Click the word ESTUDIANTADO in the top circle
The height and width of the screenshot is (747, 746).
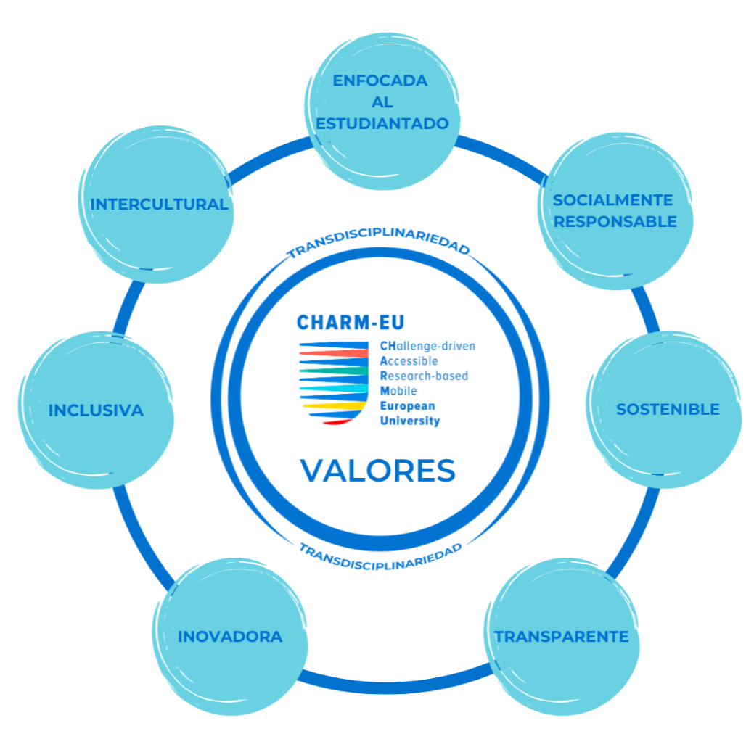click(x=382, y=124)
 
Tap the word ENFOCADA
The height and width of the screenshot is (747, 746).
click(x=380, y=81)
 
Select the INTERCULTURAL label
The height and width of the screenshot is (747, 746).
click(x=159, y=205)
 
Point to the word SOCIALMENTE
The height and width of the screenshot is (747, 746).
click(x=613, y=200)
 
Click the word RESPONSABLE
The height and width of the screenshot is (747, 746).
click(x=615, y=221)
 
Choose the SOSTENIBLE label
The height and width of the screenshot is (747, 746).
click(x=668, y=409)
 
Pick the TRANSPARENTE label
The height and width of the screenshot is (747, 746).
click(x=562, y=637)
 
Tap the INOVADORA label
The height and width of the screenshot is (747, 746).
click(x=230, y=637)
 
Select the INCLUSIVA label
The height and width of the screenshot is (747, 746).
click(x=96, y=410)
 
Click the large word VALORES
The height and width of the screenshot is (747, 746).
click(x=378, y=470)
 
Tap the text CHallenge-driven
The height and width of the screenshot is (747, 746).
click(x=427, y=346)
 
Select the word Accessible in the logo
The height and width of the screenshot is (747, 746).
click(x=409, y=360)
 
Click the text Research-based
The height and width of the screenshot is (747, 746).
click(x=424, y=376)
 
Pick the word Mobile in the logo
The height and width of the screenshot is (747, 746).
click(x=398, y=391)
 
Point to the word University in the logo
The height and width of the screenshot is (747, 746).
click(x=410, y=421)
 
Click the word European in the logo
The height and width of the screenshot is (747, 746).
click(x=407, y=406)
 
